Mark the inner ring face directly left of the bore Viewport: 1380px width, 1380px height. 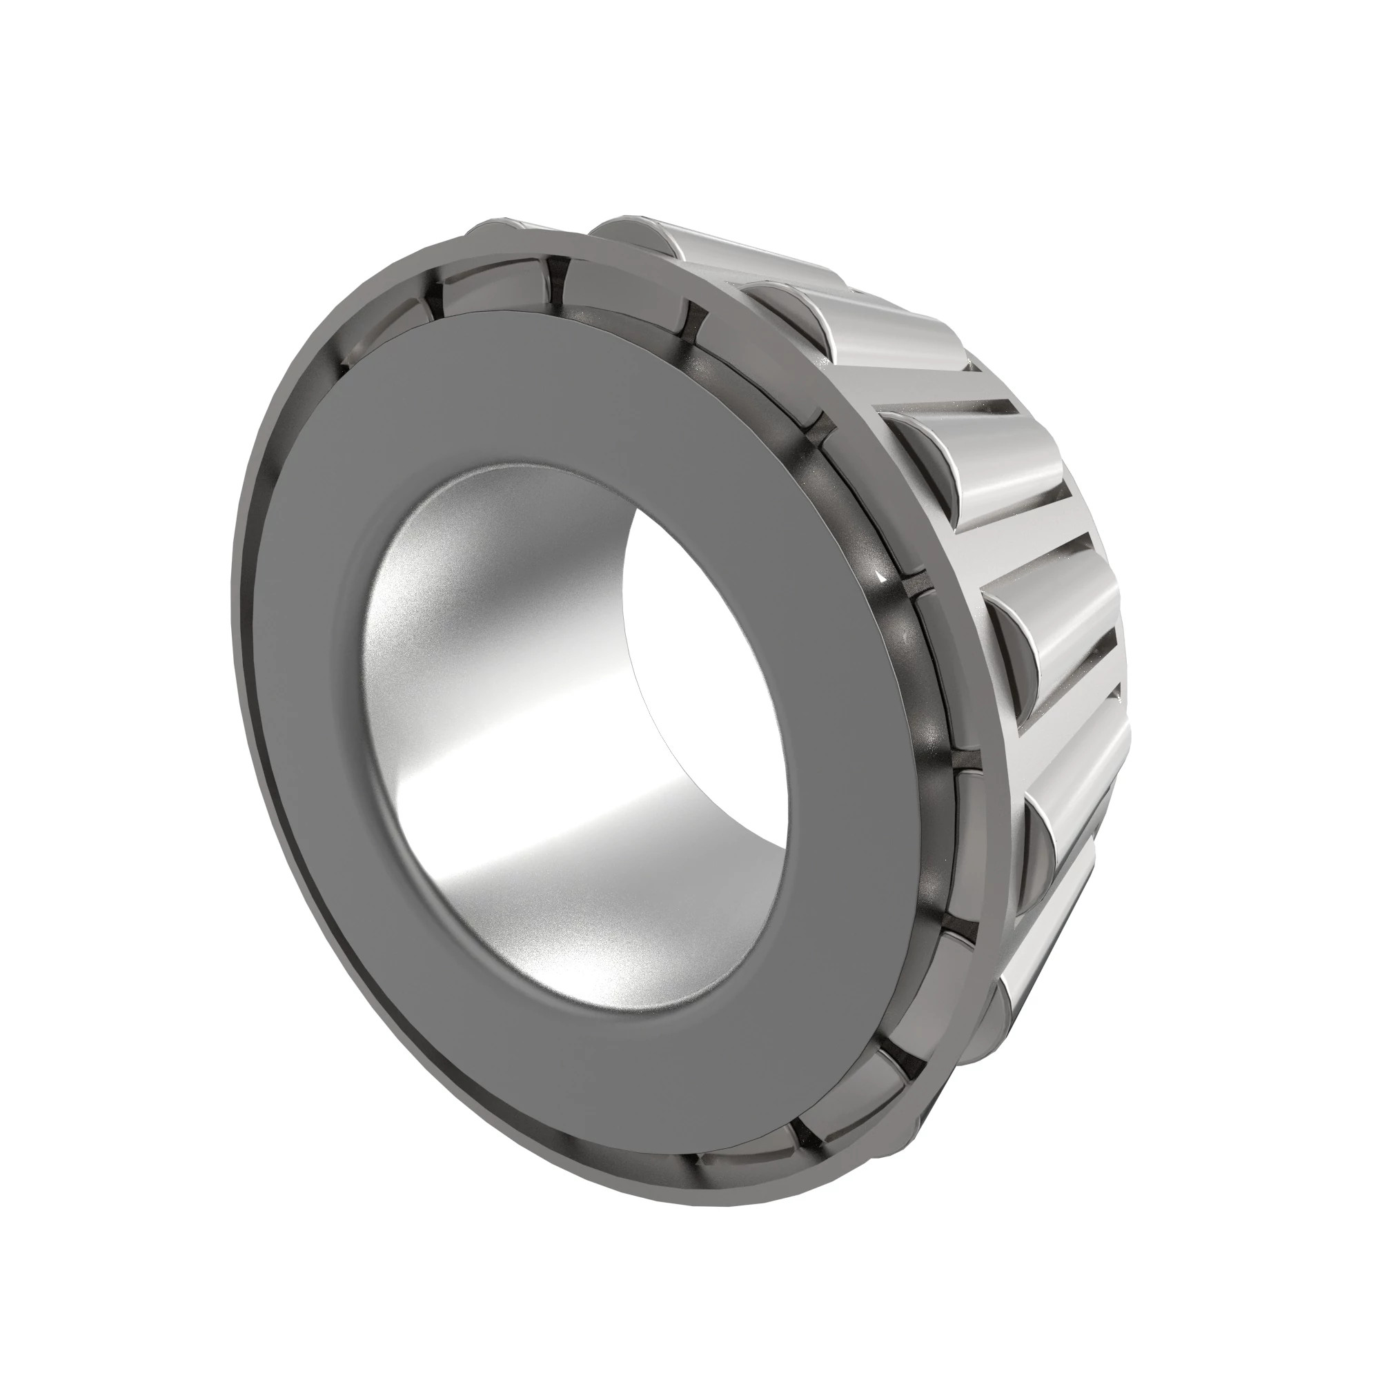tap(307, 714)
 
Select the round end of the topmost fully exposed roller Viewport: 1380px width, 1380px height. tap(629, 236)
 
